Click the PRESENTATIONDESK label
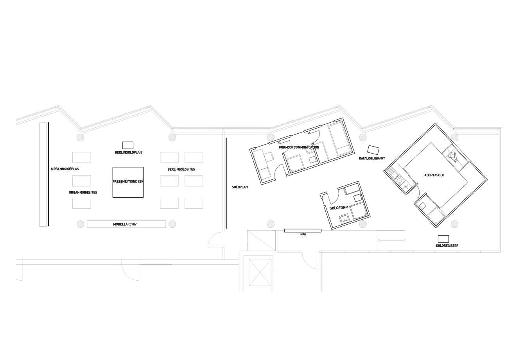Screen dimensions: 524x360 pyautogui.click(x=128, y=182)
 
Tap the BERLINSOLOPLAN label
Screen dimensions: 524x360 pyautogui.click(x=128, y=152)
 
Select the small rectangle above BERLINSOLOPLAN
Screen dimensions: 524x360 pyautogui.click(x=128, y=145)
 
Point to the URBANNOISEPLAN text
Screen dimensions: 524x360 pyautogui.click(x=65, y=169)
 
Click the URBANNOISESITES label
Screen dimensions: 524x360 pyautogui.click(x=83, y=193)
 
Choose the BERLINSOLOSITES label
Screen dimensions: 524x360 pyautogui.click(x=181, y=170)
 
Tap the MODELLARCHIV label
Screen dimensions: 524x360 pyautogui.click(x=125, y=224)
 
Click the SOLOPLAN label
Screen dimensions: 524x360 pyautogui.click(x=240, y=187)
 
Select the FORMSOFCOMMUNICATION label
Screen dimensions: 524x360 pyautogui.click(x=299, y=147)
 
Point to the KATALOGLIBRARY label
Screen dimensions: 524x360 pyautogui.click(x=372, y=158)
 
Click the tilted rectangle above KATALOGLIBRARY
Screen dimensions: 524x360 pyautogui.click(x=373, y=150)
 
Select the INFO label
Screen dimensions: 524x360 pyautogui.click(x=303, y=235)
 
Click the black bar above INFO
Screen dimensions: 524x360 pyautogui.click(x=303, y=231)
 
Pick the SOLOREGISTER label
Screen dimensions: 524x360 pyautogui.click(x=447, y=246)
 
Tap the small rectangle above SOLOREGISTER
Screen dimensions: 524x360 pyautogui.click(x=443, y=239)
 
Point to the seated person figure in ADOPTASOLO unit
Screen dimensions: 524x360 pyautogui.click(x=453, y=157)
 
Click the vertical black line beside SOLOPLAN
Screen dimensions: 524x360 pyautogui.click(x=226, y=183)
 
